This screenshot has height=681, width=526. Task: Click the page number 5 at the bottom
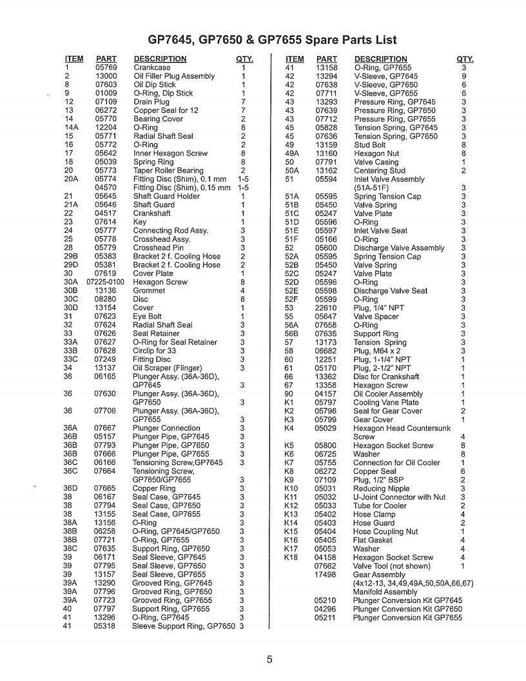click(270, 659)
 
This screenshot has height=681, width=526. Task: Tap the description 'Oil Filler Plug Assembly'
click(174, 76)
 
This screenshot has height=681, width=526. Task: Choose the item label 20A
click(71, 179)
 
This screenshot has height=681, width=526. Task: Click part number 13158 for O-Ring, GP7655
click(326, 68)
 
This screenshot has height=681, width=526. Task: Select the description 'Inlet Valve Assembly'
click(389, 179)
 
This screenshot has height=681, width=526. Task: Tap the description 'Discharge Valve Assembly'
click(399, 248)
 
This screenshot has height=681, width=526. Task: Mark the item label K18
click(291, 558)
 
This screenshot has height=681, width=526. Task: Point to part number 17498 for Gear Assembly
click(326, 575)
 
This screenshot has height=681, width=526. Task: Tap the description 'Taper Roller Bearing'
click(168, 171)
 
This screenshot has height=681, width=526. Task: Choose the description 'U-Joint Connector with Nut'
click(399, 497)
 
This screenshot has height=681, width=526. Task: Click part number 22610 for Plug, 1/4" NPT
click(326, 308)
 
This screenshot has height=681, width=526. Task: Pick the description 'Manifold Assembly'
click(385, 592)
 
